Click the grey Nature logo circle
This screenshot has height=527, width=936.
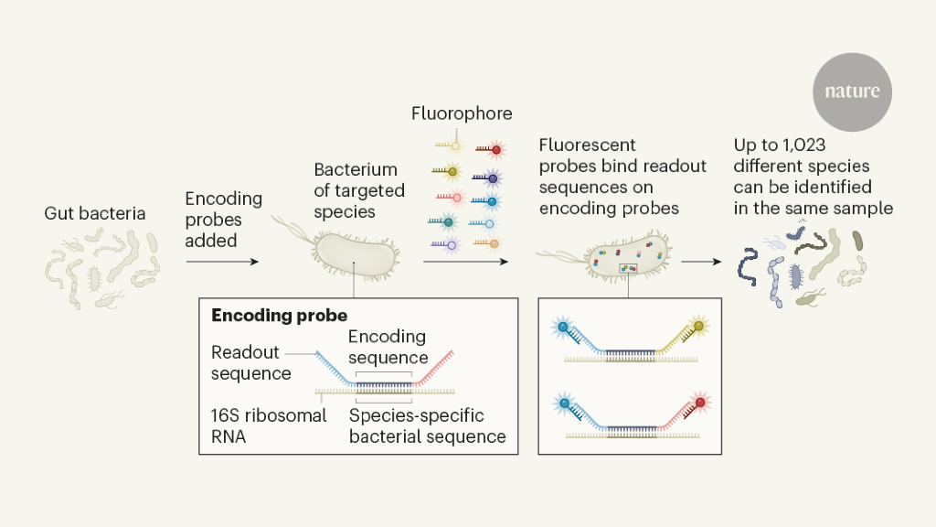852,91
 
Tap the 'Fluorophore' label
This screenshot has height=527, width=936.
462,114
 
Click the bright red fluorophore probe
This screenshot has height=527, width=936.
496,148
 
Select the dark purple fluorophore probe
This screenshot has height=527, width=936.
494,178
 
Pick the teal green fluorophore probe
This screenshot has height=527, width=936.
448,222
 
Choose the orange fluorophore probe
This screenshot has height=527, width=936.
493,244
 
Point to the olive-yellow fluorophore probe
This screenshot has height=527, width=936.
450,171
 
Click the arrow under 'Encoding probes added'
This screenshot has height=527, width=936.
222,262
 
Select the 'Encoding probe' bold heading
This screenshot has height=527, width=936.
279,316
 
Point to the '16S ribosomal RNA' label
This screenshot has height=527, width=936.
269,425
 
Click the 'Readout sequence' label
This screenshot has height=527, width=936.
250,362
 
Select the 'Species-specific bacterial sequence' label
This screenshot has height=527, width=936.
428,425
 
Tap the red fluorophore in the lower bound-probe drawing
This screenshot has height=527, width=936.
702,402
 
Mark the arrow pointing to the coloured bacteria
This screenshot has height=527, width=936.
701,262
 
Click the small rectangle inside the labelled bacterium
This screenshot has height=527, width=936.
629,268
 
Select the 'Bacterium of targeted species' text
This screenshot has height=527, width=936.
356,190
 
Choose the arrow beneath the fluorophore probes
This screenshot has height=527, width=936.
465,262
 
